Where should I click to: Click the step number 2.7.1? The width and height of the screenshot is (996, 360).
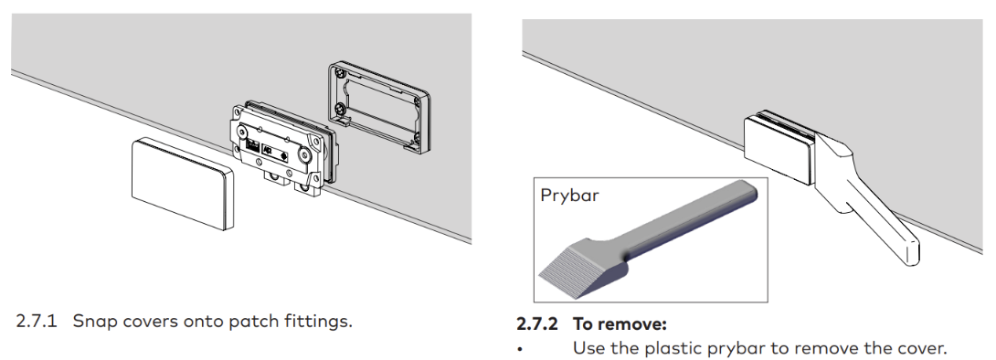coord(37,321)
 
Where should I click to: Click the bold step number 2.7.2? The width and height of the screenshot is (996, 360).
coord(537,323)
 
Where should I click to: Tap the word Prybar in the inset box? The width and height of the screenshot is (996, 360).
coord(569,195)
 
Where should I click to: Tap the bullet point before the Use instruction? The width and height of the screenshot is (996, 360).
coord(520,350)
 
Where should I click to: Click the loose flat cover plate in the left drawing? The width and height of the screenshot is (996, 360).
coord(183,184)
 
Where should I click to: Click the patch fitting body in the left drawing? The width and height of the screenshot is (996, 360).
coord(281,147)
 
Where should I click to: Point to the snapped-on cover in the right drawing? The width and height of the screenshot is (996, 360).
coord(779,147)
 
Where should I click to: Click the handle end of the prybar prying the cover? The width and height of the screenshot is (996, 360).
coord(909,250)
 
